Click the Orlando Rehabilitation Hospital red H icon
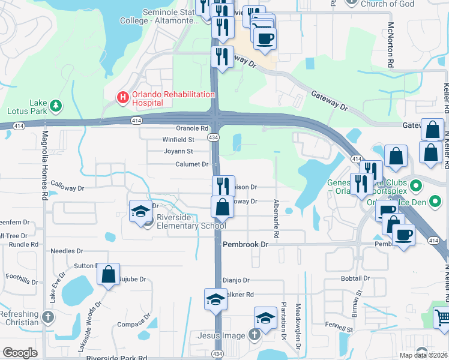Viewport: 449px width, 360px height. click(x=123, y=96)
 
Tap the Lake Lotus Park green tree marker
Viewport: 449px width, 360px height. click(x=56, y=106)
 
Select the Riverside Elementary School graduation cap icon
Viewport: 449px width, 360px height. click(x=140, y=211)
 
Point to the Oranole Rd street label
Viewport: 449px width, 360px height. click(x=191, y=128)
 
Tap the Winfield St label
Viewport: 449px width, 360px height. click(x=178, y=139)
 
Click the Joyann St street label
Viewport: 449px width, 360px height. click(x=178, y=151)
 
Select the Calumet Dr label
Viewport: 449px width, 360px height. click(x=191, y=164)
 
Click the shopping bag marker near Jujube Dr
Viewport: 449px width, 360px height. click(x=108, y=274)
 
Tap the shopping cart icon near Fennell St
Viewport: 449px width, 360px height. click(x=441, y=316)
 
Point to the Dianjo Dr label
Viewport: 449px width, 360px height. click(x=236, y=280)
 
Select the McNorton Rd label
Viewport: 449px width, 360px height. click(x=391, y=44)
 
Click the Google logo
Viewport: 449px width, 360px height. click(x=20, y=353)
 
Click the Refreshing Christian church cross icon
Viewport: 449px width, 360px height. click(x=49, y=316)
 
